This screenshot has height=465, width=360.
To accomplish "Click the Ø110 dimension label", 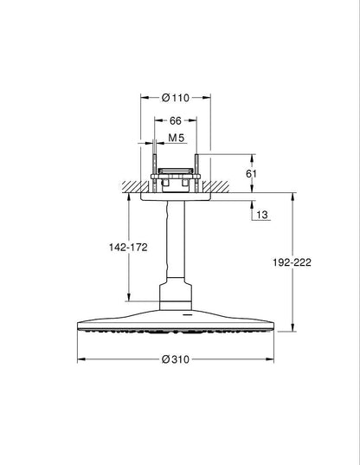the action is (176, 98).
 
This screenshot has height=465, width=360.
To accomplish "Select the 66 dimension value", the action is (175, 120).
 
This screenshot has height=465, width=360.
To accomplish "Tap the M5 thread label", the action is (177, 138).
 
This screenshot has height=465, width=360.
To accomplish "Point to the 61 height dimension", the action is (251, 173).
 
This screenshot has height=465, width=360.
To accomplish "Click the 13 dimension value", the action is (262, 215).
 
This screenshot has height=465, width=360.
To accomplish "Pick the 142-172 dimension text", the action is (128, 247).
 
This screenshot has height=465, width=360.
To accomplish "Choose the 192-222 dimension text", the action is (292, 262).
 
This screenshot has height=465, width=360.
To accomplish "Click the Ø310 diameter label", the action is (176, 359).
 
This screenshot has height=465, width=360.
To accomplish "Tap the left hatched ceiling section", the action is (135, 186).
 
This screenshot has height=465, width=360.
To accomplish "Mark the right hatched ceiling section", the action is (215, 186).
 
